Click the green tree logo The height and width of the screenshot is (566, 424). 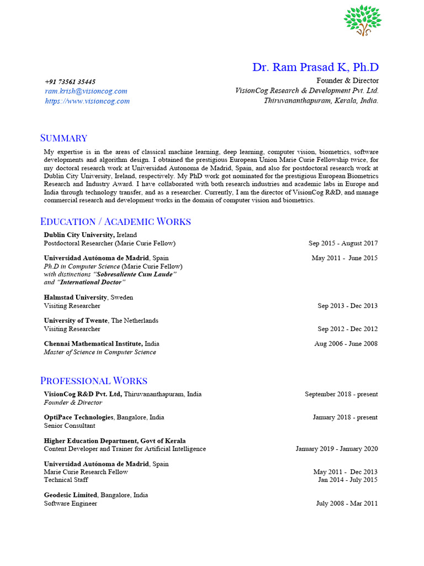(x=363, y=20)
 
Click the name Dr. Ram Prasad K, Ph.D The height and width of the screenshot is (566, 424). (x=315, y=67)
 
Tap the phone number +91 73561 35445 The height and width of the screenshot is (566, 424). (x=70, y=82)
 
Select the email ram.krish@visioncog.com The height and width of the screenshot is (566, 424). (x=86, y=91)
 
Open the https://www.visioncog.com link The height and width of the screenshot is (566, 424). (x=87, y=101)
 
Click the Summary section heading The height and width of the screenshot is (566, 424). (x=64, y=138)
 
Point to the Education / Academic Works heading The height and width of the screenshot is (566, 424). (x=115, y=222)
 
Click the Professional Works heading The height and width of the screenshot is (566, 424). (x=94, y=381)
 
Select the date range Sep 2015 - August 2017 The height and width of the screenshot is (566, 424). (x=343, y=243)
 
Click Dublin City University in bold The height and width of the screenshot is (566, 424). (x=79, y=235)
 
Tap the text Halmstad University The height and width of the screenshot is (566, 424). (x=76, y=297)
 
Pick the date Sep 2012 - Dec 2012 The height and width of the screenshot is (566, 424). (x=347, y=329)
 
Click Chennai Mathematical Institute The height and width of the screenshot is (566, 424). (x=90, y=344)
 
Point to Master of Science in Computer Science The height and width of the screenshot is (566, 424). (x=100, y=352)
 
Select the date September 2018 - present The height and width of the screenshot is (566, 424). (x=341, y=395)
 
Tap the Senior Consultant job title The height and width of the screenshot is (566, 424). (x=70, y=426)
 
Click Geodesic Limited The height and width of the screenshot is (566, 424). (x=71, y=495)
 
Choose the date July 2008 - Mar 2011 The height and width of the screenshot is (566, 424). (x=347, y=504)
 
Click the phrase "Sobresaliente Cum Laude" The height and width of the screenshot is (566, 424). (x=136, y=274)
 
